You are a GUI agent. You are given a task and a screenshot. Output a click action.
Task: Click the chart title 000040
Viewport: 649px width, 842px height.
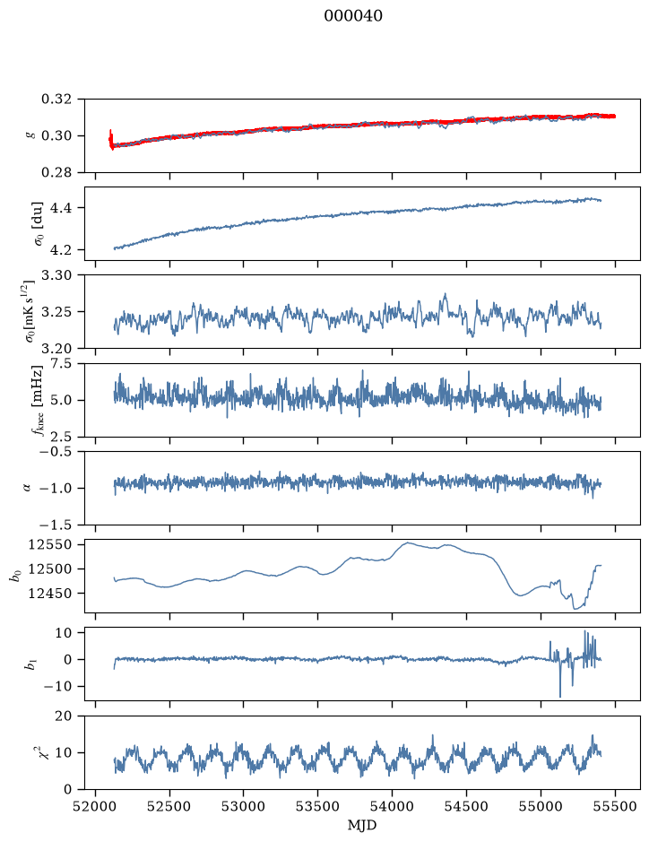(x=353, y=16)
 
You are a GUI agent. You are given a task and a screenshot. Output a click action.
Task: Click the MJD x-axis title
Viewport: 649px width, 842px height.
(x=362, y=825)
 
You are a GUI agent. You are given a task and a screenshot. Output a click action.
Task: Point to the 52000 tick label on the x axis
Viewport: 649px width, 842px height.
(x=96, y=806)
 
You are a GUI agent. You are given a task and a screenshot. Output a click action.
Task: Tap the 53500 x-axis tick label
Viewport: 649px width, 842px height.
(x=318, y=806)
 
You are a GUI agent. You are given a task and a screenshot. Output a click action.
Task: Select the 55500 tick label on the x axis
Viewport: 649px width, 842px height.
(x=615, y=806)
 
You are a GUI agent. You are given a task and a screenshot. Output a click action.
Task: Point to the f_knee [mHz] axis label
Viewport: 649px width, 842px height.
(x=37, y=400)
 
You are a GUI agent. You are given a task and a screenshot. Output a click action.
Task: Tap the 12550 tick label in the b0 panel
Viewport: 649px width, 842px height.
(x=50, y=545)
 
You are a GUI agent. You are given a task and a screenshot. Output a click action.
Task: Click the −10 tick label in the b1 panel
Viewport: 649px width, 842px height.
(x=58, y=687)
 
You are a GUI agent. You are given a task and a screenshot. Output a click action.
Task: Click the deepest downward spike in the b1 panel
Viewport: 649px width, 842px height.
(x=560, y=697)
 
